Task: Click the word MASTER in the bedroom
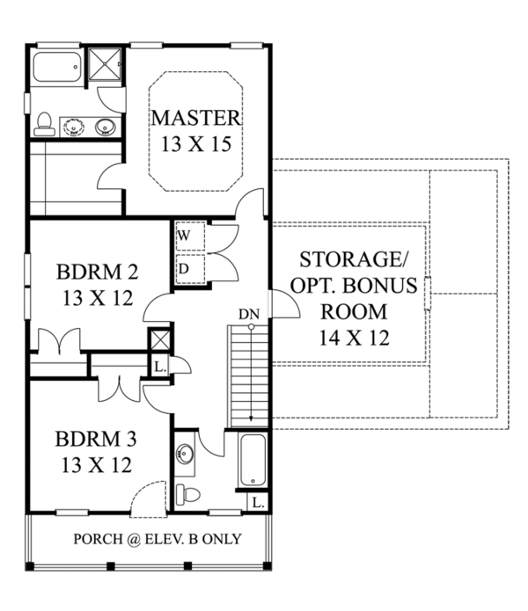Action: pyautogui.click(x=195, y=117)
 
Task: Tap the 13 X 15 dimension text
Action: pyautogui.click(x=195, y=143)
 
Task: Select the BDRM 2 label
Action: pyautogui.click(x=97, y=271)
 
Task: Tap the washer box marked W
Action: pyautogui.click(x=187, y=236)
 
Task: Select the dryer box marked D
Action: pyautogui.click(x=187, y=267)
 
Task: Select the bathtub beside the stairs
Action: pyautogui.click(x=253, y=460)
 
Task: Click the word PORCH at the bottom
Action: pyautogui.click(x=99, y=539)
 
